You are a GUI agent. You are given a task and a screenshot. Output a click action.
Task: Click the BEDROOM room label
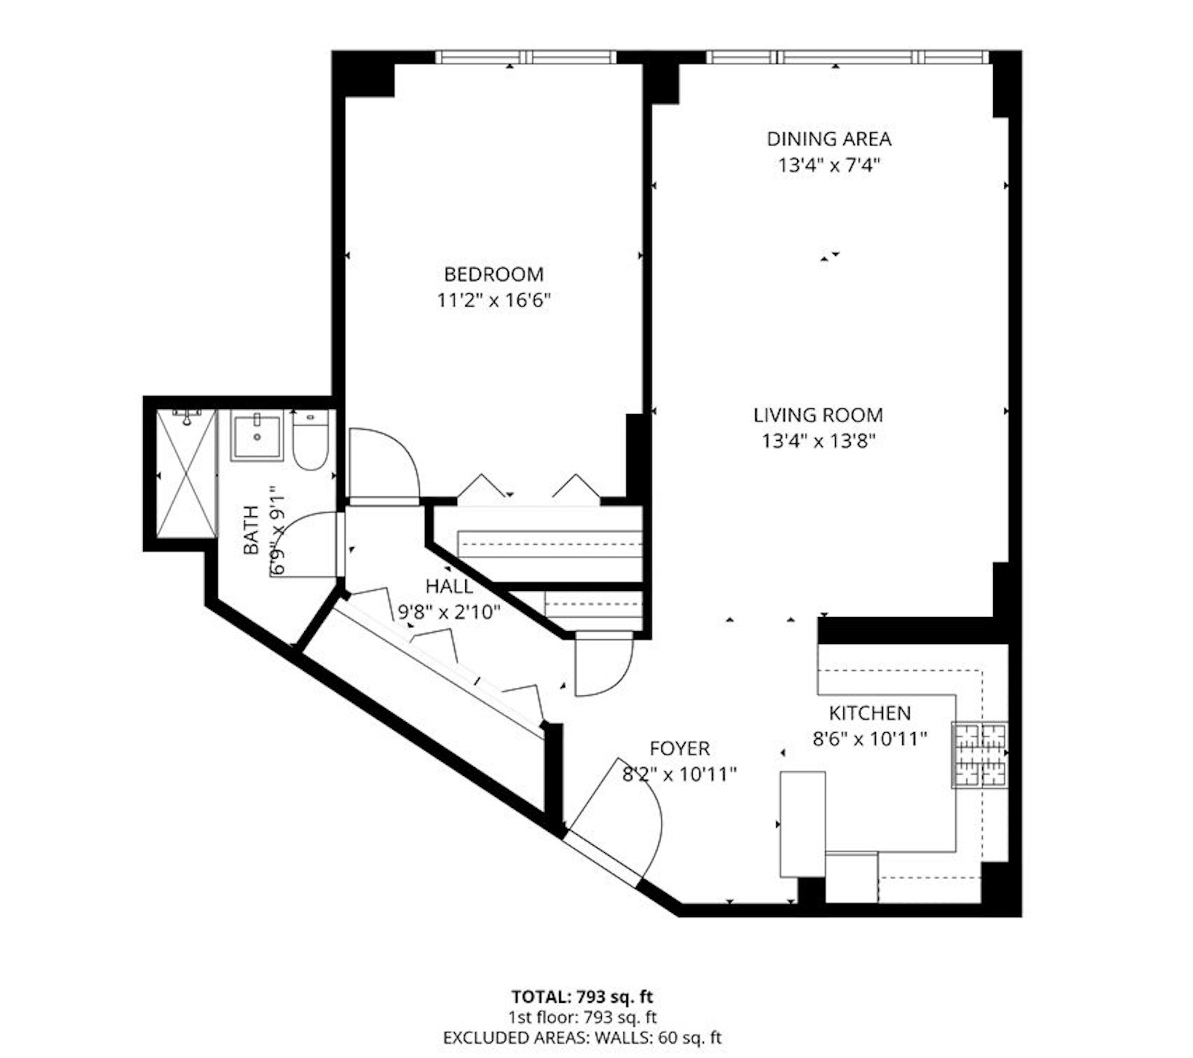[494, 274]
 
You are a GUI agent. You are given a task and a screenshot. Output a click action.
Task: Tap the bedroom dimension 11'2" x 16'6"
[494, 301]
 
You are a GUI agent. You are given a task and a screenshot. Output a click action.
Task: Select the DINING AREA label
[829, 139]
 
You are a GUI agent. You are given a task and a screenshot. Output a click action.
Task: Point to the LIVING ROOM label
[818, 415]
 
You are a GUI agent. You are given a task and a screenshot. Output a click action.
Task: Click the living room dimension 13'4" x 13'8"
[818, 441]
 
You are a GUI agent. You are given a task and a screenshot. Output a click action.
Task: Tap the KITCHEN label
[870, 713]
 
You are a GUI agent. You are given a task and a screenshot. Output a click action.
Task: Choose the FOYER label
[679, 748]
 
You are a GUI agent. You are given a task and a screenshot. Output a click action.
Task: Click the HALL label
[449, 586]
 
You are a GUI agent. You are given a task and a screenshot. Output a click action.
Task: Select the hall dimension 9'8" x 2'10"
[449, 613]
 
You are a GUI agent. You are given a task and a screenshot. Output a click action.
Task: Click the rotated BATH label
[251, 530]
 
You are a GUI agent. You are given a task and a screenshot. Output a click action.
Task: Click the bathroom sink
[256, 438]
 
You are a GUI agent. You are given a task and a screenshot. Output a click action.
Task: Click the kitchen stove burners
[980, 755]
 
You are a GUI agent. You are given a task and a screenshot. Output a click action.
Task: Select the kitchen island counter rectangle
[802, 824]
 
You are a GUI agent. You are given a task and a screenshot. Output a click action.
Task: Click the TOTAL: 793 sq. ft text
[582, 996]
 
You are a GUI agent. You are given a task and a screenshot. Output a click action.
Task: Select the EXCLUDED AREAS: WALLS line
[582, 1037]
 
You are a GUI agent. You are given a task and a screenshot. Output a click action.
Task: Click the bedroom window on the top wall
[526, 57]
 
